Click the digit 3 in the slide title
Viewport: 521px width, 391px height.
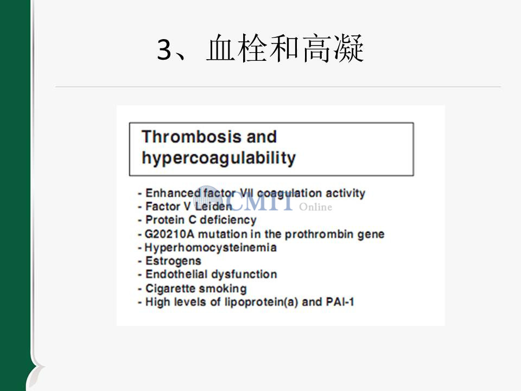click(164, 49)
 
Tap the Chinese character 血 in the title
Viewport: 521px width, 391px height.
click(221, 48)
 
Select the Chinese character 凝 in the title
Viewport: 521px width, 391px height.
click(348, 48)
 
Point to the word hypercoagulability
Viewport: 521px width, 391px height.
click(219, 158)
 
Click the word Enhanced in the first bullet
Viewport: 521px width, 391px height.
click(173, 193)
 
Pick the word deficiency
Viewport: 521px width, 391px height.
click(228, 220)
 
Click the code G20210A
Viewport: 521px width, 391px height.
click(169, 234)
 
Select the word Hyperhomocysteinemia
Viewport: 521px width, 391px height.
click(211, 248)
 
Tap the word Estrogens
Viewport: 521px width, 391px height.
click(173, 261)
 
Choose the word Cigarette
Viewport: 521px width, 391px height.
click(172, 288)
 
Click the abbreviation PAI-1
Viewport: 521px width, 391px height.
click(340, 302)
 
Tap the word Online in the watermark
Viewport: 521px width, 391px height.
click(315, 207)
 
